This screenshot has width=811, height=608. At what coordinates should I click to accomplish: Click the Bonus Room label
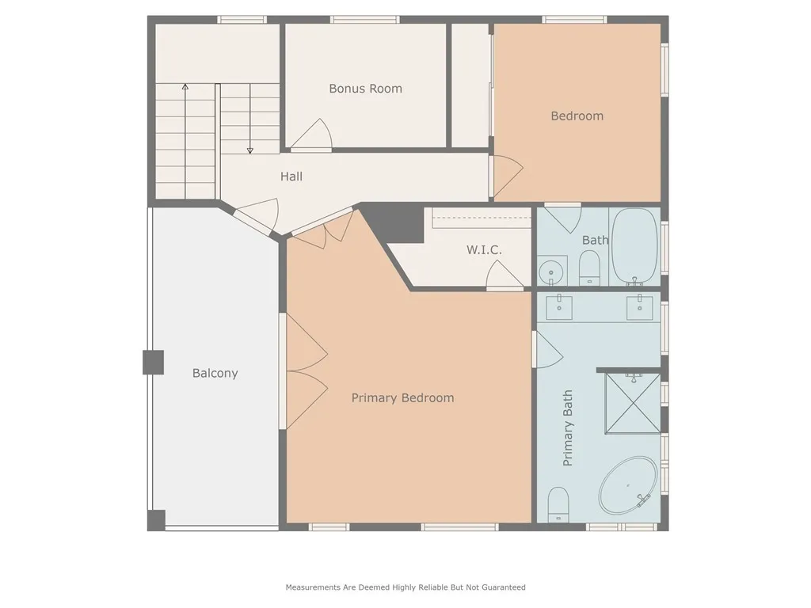[365, 89]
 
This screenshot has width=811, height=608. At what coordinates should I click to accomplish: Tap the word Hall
[291, 177]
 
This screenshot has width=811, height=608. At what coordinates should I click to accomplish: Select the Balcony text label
[215, 373]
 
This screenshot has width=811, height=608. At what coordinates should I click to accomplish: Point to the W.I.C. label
[484, 250]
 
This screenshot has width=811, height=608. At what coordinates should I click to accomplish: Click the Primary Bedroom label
[402, 397]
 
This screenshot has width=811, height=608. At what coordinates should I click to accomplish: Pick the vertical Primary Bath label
[568, 427]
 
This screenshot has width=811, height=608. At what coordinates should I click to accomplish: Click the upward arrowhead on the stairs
[185, 87]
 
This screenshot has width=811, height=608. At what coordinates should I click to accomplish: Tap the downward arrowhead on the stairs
[249, 150]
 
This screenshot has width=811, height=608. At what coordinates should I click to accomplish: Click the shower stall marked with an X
[632, 402]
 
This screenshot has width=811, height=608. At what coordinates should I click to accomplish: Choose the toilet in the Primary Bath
[558, 504]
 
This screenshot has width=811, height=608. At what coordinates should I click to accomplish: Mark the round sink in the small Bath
[551, 272]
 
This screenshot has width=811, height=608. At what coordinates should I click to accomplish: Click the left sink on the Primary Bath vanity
[560, 307]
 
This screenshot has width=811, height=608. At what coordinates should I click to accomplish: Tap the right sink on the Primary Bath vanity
[638, 307]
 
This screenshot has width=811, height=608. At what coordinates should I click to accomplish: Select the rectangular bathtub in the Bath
[635, 246]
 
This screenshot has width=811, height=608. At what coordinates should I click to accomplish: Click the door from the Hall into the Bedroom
[505, 176]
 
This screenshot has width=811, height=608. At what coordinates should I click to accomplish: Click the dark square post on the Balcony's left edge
[153, 363]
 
